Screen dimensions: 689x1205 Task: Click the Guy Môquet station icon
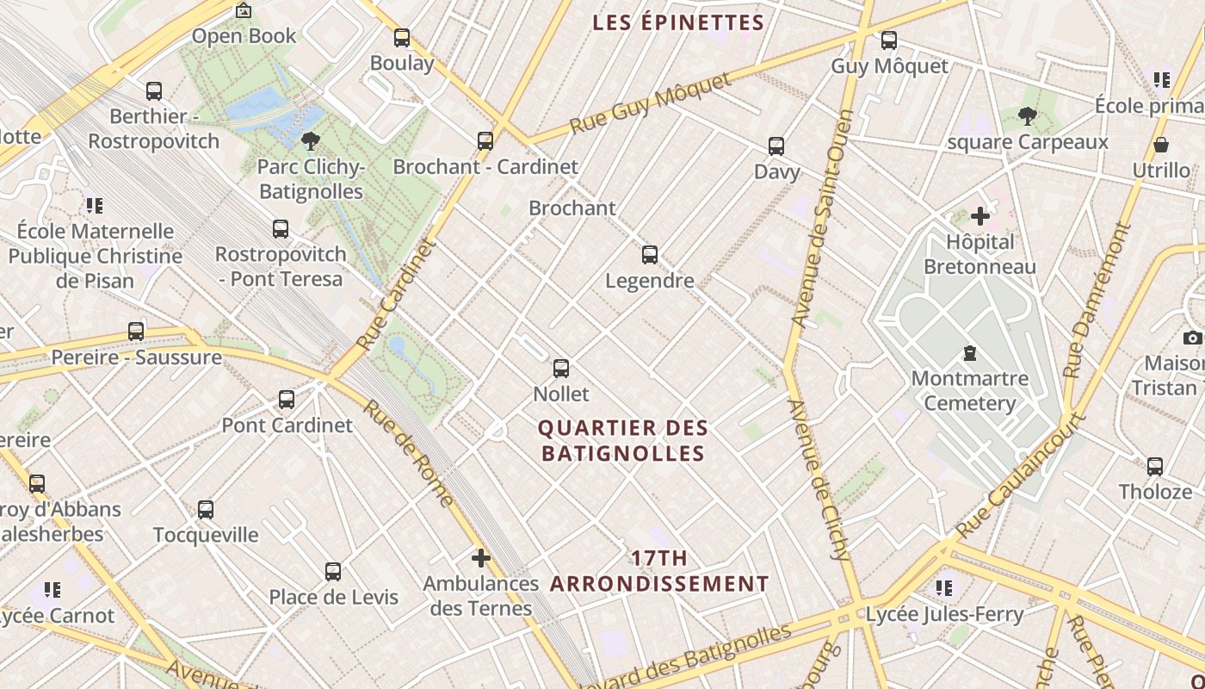tap(889, 40)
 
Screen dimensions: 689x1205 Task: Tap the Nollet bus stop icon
tap(561, 369)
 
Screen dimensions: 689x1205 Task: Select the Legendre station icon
tap(650, 255)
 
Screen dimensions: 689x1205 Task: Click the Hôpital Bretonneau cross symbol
tap(979, 216)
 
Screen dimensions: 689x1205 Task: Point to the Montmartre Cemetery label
tap(969, 390)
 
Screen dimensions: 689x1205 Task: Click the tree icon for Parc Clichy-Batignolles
tap(311, 141)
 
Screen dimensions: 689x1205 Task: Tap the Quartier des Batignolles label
tap(623, 440)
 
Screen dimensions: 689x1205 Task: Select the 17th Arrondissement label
tap(659, 571)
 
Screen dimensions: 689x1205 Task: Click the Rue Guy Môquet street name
tap(651, 103)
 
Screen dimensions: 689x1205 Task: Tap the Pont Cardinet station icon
tap(287, 400)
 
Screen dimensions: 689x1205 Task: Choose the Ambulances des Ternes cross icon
tap(480, 558)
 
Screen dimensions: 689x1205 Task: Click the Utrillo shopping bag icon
tap(1160, 145)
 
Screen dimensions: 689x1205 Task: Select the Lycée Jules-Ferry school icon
tap(944, 588)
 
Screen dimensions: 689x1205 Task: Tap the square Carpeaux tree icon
tap(1027, 115)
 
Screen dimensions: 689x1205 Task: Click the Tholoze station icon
tap(1155, 467)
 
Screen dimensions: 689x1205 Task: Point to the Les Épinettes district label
tap(678, 22)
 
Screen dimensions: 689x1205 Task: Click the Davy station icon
tap(776, 146)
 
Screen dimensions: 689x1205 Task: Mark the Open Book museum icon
tap(244, 11)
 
